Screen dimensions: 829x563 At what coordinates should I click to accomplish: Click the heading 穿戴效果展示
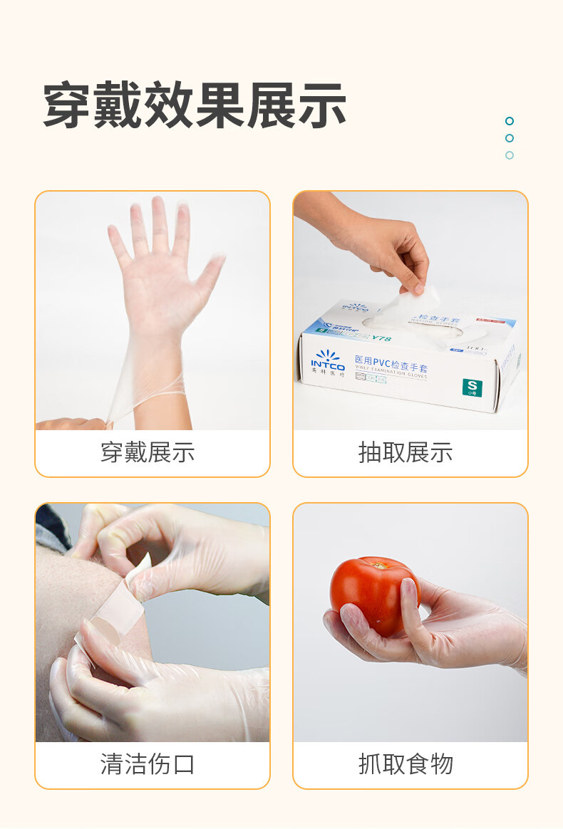click(x=195, y=105)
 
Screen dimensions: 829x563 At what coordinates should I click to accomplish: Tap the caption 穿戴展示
click(x=148, y=452)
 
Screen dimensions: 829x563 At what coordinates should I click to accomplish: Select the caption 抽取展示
click(x=406, y=452)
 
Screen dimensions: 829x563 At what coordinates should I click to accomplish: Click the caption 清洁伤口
click(x=148, y=764)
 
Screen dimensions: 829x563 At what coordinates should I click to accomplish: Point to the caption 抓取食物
click(x=406, y=764)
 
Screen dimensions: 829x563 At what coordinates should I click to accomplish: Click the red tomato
click(x=371, y=595)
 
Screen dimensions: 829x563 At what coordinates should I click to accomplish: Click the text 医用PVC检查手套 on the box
click(x=391, y=361)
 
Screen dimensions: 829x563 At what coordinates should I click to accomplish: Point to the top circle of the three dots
click(x=510, y=121)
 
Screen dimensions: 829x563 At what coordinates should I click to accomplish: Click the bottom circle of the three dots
click(x=510, y=155)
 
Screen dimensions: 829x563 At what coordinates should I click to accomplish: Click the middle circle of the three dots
click(x=510, y=138)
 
